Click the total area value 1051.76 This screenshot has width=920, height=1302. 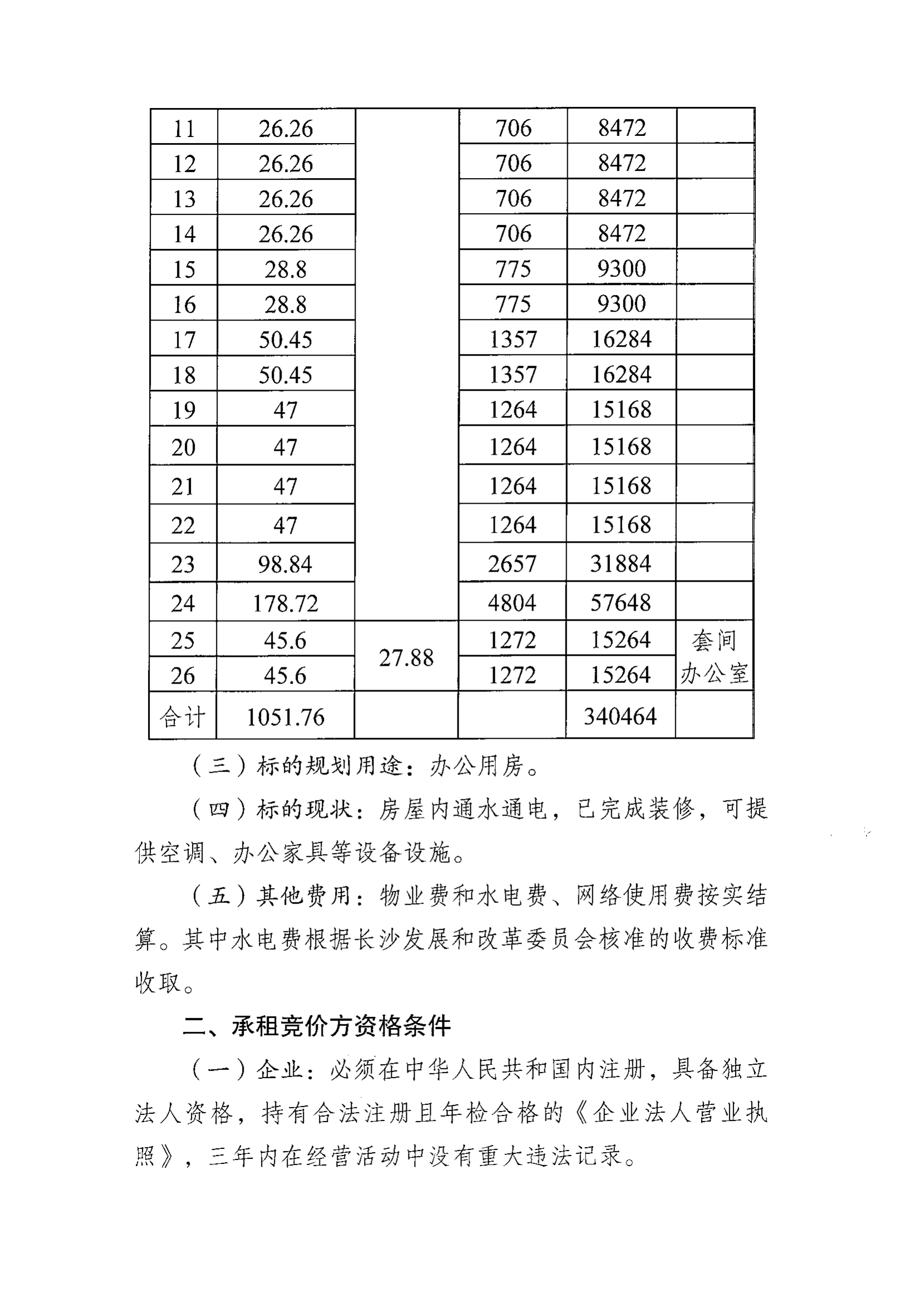(x=285, y=718)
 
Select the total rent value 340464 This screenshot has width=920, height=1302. (x=620, y=716)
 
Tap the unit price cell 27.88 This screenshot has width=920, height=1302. (x=406, y=658)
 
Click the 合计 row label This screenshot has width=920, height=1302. (x=183, y=718)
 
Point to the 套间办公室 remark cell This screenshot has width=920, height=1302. (x=714, y=657)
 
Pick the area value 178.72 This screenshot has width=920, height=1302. (x=285, y=603)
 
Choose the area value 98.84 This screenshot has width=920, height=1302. (x=285, y=564)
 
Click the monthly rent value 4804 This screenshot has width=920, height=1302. (x=512, y=602)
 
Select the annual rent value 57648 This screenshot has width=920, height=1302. (x=621, y=602)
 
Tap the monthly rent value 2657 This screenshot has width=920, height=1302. (x=512, y=564)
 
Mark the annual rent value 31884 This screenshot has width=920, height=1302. (x=621, y=564)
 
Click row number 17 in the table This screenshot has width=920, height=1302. (x=184, y=340)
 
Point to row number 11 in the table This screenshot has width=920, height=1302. (x=184, y=129)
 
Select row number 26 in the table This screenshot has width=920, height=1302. (x=183, y=675)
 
